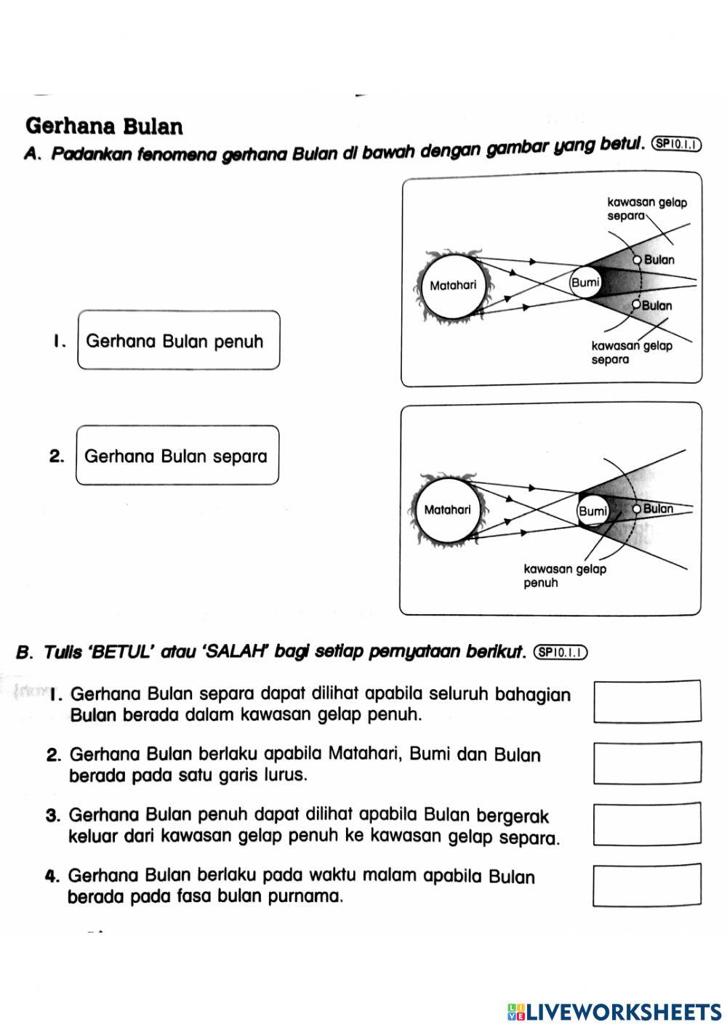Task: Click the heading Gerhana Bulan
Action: click(x=104, y=126)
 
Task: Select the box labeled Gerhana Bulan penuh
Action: click(x=178, y=341)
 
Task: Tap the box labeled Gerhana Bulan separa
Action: click(x=177, y=456)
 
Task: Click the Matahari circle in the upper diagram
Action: click(x=453, y=286)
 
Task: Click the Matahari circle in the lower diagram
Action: click(x=447, y=510)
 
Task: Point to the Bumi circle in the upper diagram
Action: click(x=585, y=283)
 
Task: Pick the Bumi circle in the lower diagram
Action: click(x=593, y=511)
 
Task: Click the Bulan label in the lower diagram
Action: click(x=658, y=509)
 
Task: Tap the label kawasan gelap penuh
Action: click(x=564, y=576)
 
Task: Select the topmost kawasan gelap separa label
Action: click(x=646, y=209)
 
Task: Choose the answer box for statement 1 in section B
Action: click(x=648, y=701)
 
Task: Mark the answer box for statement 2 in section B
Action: click(x=648, y=762)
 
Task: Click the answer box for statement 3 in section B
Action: click(x=648, y=824)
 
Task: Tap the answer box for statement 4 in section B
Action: click(x=647, y=885)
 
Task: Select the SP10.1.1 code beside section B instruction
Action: click(x=560, y=652)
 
